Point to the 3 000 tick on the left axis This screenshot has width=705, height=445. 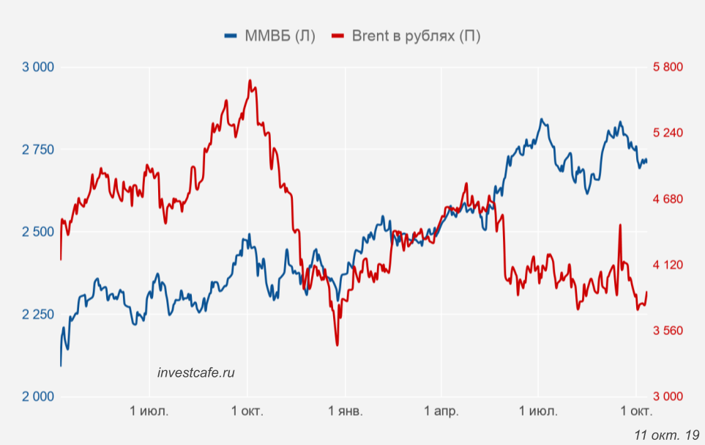point(39,67)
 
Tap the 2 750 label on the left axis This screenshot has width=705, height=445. point(39,150)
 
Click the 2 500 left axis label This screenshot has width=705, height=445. point(39,232)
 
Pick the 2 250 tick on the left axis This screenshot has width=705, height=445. point(39,315)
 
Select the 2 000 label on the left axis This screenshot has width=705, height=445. point(39,397)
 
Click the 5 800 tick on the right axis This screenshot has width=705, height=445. point(668,67)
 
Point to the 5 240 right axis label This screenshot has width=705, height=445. point(668,133)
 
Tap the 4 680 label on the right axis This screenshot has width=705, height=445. point(668,199)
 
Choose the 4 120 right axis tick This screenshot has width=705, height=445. point(668,265)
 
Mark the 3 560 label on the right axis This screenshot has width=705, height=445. point(668,331)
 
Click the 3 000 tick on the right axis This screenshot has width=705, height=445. point(668,397)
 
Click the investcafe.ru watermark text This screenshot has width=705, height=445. point(196,372)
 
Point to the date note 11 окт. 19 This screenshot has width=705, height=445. point(667,435)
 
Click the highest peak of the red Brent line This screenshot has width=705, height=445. point(250,81)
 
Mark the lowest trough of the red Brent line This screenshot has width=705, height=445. point(337,345)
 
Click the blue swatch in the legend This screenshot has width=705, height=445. point(231,36)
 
